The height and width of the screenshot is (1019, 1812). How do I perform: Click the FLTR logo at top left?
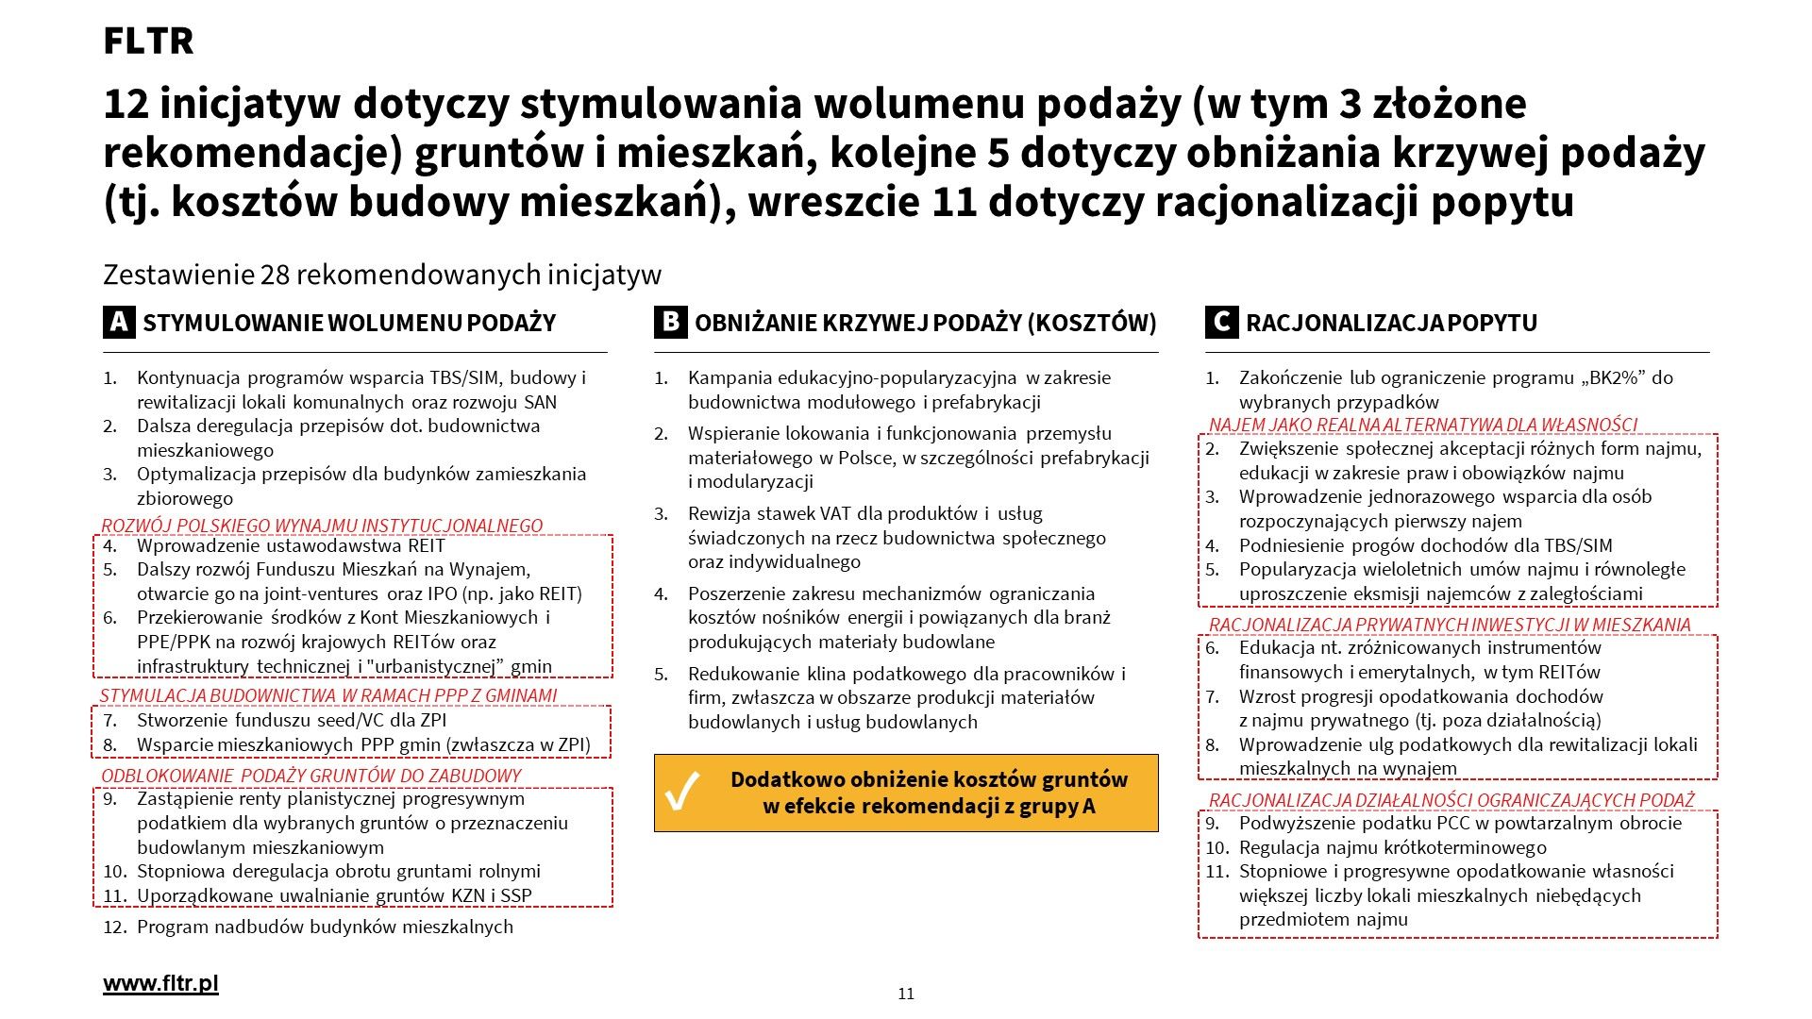coord(148,41)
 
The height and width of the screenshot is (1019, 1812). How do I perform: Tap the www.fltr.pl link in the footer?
coord(160,983)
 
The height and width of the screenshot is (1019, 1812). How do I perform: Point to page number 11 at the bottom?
coord(906,994)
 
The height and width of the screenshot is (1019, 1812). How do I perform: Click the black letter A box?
coord(119,323)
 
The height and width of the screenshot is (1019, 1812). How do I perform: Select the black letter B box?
coord(670,323)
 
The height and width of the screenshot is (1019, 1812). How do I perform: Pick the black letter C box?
coord(1221,323)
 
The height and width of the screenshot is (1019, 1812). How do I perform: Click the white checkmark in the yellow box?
coord(682,792)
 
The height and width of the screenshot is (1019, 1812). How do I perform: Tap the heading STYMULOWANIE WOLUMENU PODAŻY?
coord(349,323)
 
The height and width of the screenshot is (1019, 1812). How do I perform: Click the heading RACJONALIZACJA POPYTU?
coord(1391,323)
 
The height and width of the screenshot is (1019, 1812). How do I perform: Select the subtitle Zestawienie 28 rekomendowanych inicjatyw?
coord(382,275)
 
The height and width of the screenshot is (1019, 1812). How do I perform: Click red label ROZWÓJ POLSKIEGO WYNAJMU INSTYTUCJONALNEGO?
coord(322,526)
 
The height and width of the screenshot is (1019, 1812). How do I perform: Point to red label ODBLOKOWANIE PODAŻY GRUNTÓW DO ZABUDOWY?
coord(311,776)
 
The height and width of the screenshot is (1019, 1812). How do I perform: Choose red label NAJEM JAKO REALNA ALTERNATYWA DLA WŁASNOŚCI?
coord(1422,425)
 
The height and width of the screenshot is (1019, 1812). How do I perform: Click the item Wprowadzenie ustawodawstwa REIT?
coord(291,545)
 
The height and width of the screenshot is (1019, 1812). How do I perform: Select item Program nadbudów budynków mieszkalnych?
coord(325,927)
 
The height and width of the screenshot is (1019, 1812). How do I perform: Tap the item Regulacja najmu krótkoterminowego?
coord(1392,847)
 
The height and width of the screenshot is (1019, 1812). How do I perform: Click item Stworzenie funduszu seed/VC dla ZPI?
coord(292,720)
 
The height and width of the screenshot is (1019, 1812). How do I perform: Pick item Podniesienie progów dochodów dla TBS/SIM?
coord(1425,545)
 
